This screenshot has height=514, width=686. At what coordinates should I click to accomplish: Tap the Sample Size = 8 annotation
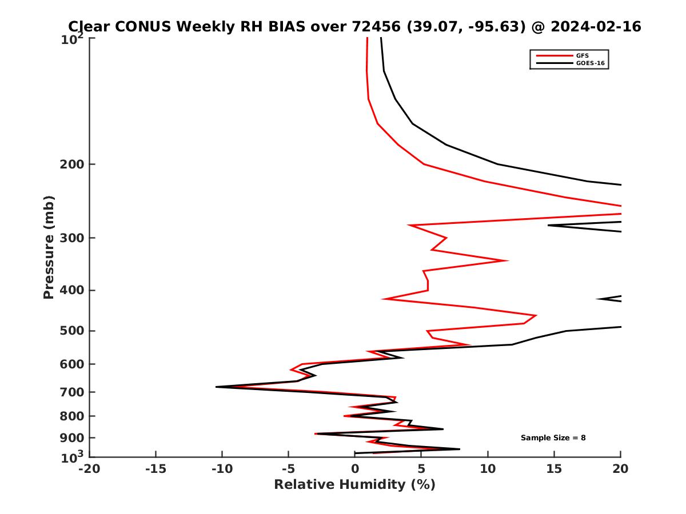[x=553, y=438]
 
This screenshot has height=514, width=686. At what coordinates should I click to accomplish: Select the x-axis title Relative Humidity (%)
[x=354, y=485]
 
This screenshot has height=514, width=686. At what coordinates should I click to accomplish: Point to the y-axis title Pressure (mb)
[x=49, y=247]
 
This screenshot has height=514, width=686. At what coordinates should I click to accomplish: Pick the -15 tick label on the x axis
[x=155, y=469]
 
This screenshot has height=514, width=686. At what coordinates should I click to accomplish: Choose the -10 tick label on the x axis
[x=222, y=469]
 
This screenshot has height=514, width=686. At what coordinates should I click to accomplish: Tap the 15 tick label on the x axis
[x=554, y=469]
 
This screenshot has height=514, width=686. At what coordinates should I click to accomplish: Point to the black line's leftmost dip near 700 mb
[x=216, y=387]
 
